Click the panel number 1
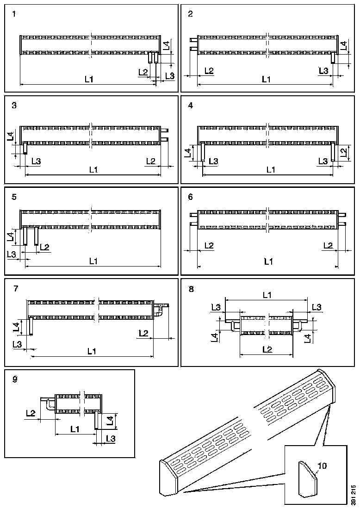[14, 14]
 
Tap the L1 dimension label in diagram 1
[89, 79]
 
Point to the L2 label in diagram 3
[150, 161]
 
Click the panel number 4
[191, 105]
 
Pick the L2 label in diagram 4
[343, 152]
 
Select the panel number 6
[191, 197]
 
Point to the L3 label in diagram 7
[17, 344]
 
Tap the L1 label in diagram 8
[267, 294]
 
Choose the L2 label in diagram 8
[267, 349]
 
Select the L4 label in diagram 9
[110, 421]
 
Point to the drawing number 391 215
[353, 495]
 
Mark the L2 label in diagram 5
[45, 247]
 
